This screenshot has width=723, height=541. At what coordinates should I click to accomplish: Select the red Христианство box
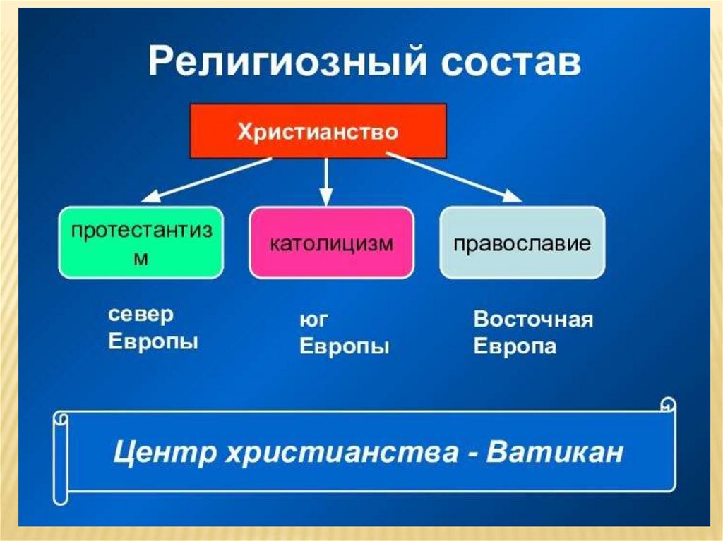click(x=318, y=132)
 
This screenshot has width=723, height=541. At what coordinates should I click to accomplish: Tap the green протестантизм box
click(x=141, y=242)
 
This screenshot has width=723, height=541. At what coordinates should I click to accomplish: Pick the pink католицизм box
click(x=331, y=242)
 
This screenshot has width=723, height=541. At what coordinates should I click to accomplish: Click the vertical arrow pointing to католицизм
click(x=325, y=181)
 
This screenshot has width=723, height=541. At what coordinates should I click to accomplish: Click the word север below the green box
click(x=141, y=315)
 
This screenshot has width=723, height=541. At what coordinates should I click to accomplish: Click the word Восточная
click(x=533, y=320)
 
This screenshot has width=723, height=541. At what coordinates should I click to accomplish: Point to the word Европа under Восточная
click(x=515, y=347)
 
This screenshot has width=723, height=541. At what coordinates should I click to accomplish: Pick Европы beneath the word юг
click(x=345, y=347)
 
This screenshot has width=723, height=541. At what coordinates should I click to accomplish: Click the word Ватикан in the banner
click(x=556, y=451)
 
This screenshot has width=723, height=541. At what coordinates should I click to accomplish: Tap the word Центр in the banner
click(x=164, y=451)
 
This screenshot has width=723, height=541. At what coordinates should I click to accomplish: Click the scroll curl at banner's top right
click(x=667, y=406)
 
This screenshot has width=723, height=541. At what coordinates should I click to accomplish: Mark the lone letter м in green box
click(x=141, y=258)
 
